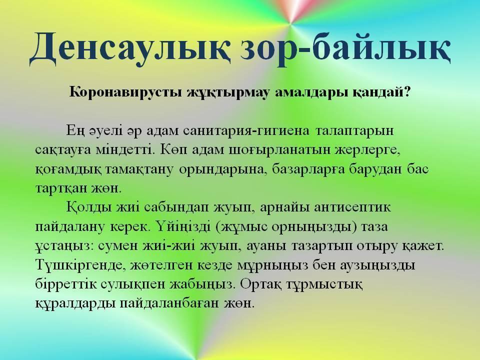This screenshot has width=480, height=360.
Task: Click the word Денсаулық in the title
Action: (x=130, y=48)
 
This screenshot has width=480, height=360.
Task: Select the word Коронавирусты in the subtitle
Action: (x=125, y=92)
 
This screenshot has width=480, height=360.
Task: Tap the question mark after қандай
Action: (x=406, y=91)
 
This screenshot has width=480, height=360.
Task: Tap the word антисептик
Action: (x=352, y=207)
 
